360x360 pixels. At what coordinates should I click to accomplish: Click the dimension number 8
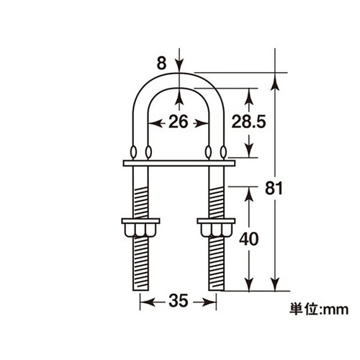coord(161,63)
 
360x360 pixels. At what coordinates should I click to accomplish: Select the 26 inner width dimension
coord(178,122)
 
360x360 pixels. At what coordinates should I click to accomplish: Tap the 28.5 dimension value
coord(248,122)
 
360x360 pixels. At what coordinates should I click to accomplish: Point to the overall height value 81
coord(274,189)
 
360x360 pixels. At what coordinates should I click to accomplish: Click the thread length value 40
coord(249,239)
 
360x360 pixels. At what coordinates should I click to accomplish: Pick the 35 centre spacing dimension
coord(178,301)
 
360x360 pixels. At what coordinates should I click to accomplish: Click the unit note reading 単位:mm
coord(319,309)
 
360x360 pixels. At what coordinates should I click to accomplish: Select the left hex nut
coord(140,228)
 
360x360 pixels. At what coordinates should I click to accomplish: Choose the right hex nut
coord(216,228)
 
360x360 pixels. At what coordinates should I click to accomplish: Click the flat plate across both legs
coord(179,163)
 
